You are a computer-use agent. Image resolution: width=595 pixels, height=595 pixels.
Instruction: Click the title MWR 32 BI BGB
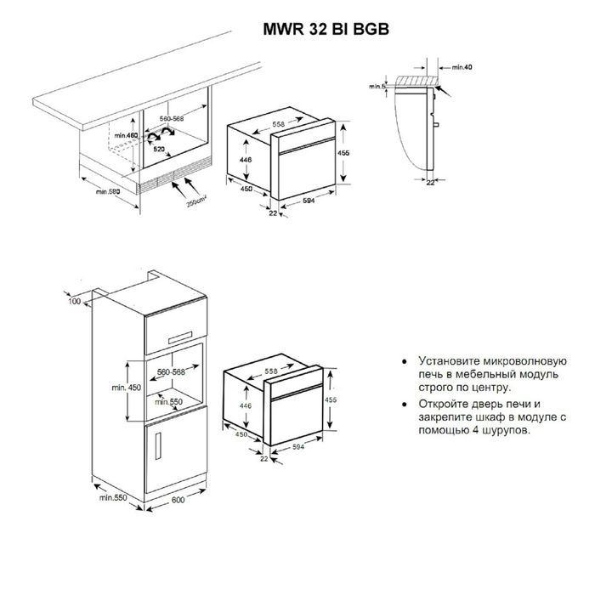326,29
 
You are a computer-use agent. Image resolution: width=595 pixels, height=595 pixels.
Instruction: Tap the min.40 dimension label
462,67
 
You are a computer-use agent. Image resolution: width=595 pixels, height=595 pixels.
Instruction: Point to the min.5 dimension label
377,87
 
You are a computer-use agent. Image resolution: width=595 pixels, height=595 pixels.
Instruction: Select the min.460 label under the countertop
126,135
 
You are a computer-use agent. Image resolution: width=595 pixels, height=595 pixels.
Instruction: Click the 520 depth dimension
159,149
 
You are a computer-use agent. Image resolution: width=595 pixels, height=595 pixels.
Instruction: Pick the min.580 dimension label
108,191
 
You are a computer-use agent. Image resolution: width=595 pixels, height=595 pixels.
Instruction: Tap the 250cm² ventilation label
196,201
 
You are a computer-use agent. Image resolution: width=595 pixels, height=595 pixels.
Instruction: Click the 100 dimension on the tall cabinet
75,301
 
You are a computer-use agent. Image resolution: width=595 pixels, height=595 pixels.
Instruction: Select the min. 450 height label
126,388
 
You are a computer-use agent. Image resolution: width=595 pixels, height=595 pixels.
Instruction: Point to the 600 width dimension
178,500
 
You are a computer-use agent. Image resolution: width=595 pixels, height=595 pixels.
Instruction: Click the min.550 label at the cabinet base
113,497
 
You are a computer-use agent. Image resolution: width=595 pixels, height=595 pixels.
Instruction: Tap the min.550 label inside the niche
168,401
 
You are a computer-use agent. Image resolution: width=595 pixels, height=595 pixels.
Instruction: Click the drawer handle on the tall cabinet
180,337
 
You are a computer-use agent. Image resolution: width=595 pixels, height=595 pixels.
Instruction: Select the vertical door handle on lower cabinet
158,446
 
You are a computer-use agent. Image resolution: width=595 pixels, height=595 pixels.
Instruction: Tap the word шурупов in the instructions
506,431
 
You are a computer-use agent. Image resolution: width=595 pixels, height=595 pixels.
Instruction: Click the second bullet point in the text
405,405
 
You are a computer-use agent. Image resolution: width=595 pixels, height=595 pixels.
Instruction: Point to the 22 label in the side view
430,183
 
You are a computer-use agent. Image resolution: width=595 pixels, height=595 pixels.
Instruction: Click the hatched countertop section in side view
416,81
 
